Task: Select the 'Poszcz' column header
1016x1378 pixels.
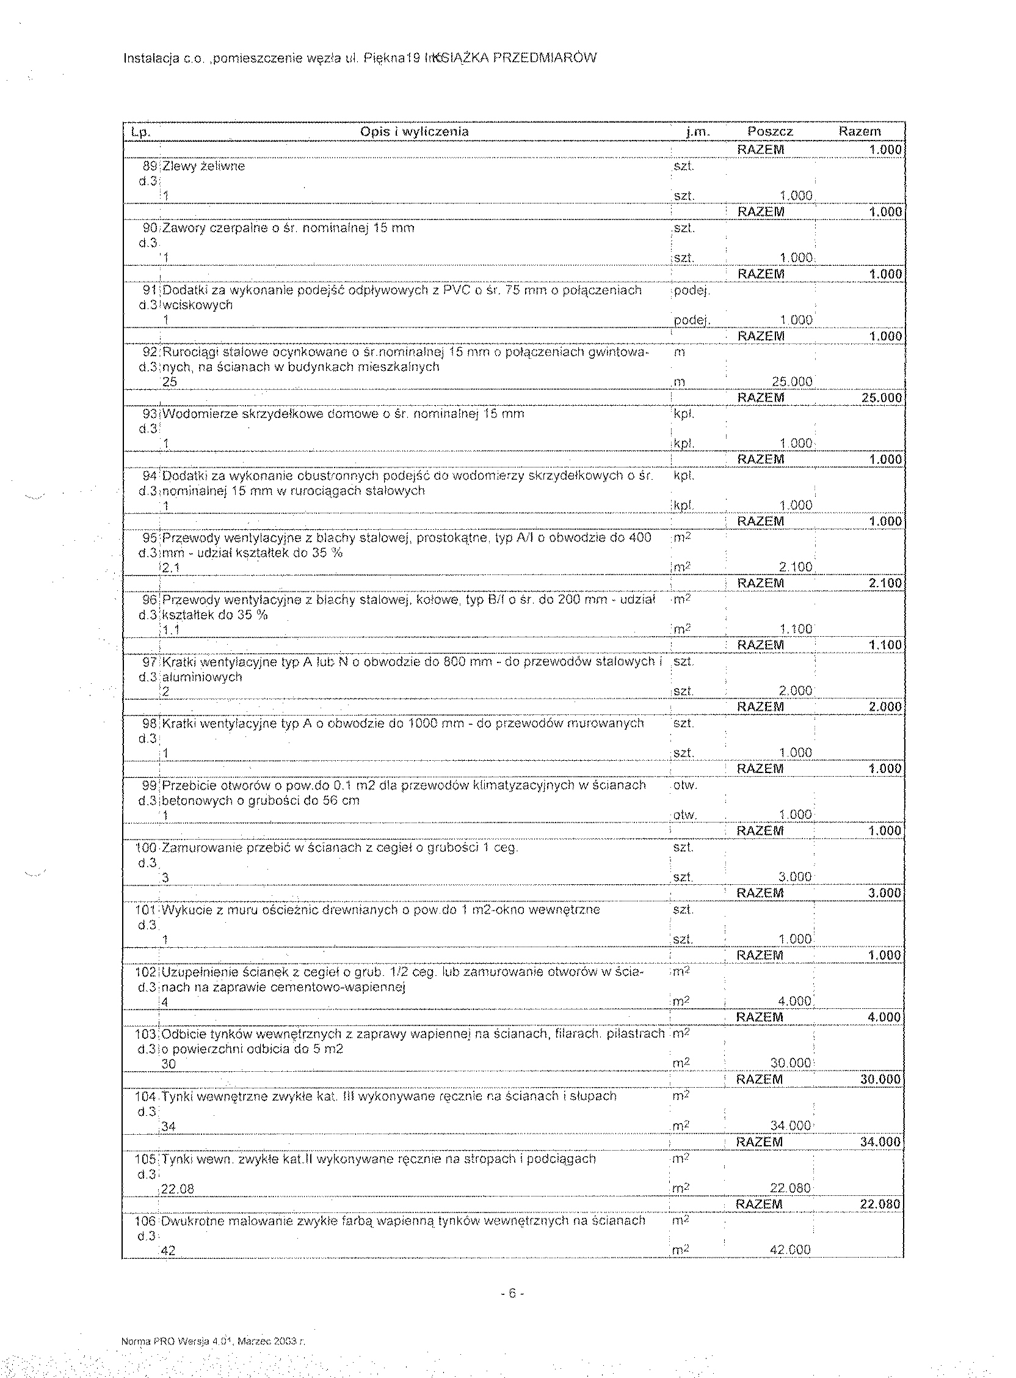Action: point(770,132)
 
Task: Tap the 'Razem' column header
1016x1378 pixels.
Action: point(860,132)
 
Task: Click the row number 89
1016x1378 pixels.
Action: point(150,166)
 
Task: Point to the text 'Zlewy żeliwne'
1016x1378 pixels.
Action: point(203,166)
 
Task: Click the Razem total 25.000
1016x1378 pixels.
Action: point(881,398)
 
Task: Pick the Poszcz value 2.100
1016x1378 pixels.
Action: point(795,567)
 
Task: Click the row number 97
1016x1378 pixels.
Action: point(150,662)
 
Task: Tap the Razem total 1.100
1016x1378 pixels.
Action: point(885,645)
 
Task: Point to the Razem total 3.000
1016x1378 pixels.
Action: point(884,893)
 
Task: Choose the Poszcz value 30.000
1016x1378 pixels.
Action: point(791,1063)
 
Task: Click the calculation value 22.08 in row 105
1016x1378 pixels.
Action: point(178,1190)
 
